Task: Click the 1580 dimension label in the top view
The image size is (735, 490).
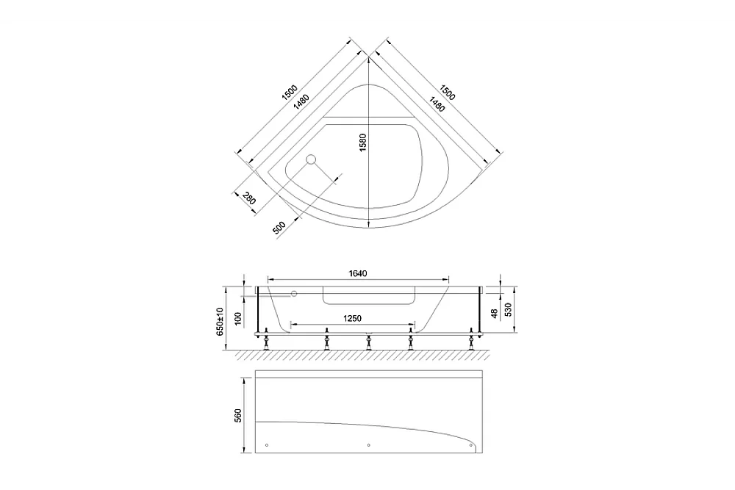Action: pos(363,143)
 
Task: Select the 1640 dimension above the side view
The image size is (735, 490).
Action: pos(358,273)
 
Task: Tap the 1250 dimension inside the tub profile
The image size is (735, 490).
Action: pos(352,319)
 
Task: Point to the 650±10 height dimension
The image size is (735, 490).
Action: pos(220,320)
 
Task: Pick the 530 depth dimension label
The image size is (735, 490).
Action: pos(508,309)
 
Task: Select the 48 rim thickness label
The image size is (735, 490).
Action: pos(494,314)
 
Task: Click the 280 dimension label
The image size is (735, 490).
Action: pos(249,198)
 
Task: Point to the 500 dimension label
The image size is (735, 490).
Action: pos(279,228)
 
